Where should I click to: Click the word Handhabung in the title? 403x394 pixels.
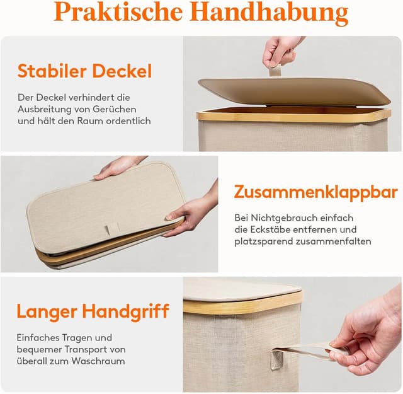(x=269, y=13)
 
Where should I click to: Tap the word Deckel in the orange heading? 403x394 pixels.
(x=122, y=71)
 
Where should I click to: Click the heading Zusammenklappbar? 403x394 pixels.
(x=316, y=193)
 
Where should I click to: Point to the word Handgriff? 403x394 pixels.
(x=126, y=312)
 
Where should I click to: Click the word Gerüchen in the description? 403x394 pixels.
(x=115, y=109)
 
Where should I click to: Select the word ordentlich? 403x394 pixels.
(x=128, y=121)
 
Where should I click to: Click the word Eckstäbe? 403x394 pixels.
(x=270, y=229)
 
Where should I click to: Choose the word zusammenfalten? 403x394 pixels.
(x=333, y=241)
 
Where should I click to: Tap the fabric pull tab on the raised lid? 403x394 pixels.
(x=275, y=71)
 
